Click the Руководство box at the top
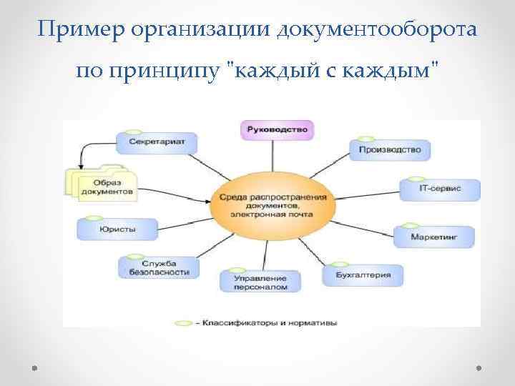click(x=276, y=129)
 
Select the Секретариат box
click(x=157, y=142)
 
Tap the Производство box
click(x=389, y=150)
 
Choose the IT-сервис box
click(x=439, y=189)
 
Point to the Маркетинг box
click(x=433, y=235)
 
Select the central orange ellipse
click(x=273, y=204)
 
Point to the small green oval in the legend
click(x=183, y=323)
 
